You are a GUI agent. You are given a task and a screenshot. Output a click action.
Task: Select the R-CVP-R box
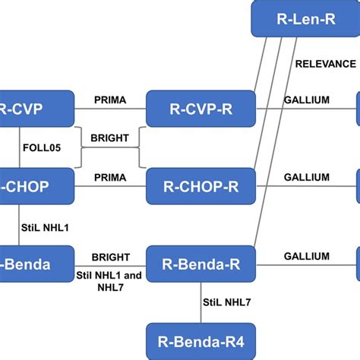[201, 109]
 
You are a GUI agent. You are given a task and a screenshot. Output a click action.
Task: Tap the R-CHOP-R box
[201, 187]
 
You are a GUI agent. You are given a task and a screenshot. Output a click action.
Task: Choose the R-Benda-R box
[201, 264]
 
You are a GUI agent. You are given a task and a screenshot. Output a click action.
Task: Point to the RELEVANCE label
[325, 64]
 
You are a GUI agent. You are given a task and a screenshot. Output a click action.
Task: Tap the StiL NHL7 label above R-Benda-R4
[227, 303]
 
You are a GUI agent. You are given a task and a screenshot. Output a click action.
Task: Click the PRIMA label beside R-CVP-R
[110, 99]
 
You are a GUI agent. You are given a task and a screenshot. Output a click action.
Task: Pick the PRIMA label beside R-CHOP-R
[110, 177]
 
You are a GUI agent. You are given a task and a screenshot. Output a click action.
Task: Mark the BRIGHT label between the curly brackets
[110, 138]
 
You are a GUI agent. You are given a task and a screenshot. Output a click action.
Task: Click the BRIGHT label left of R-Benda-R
[110, 257]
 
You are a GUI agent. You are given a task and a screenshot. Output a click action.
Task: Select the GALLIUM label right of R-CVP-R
[306, 99]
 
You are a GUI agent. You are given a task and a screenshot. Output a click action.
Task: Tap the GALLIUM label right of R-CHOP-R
[306, 177]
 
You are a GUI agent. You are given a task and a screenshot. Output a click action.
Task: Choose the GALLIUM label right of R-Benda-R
[306, 257]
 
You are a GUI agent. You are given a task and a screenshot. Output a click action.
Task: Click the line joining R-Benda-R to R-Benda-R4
[201, 303]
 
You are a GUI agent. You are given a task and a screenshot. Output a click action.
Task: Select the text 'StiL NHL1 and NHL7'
[110, 280]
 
